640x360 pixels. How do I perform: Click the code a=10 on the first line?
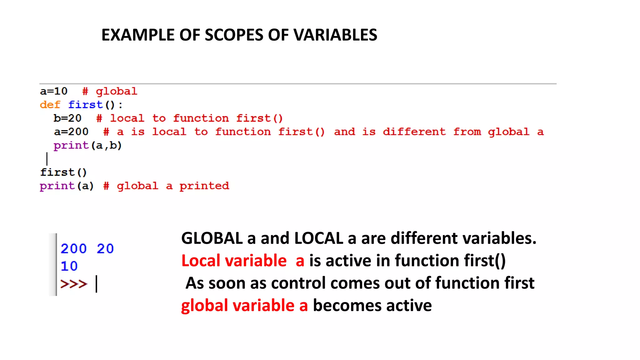click(x=54, y=91)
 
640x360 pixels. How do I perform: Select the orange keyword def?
click(x=50, y=105)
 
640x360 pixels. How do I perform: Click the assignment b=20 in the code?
click(x=67, y=118)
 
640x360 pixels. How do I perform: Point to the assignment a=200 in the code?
click(x=71, y=132)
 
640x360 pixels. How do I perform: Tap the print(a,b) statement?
click(x=87, y=145)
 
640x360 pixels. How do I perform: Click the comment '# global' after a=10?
click(x=110, y=91)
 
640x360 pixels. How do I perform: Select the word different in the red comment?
click(x=414, y=132)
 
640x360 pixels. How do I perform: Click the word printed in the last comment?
click(x=204, y=186)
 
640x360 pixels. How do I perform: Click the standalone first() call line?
click(x=63, y=172)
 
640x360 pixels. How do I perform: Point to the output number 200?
click(x=73, y=249)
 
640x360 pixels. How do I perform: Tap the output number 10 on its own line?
click(x=69, y=266)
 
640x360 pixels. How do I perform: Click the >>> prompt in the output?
click(x=74, y=284)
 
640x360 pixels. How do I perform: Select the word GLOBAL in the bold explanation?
click(x=212, y=238)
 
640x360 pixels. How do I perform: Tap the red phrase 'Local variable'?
click(x=234, y=261)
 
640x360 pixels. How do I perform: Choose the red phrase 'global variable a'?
click(x=244, y=305)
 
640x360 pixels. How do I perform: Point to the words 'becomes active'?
click(x=372, y=305)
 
